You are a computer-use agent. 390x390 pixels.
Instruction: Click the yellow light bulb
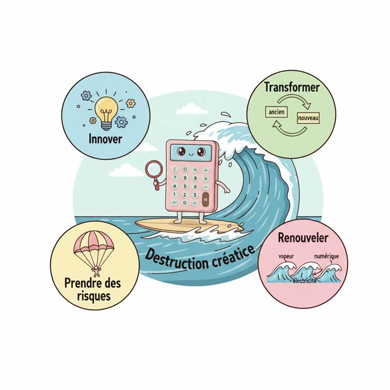[106, 110]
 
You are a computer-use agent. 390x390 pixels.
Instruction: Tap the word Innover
[105, 139]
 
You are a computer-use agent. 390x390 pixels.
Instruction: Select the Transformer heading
[291, 87]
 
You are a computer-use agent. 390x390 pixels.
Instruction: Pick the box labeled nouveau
[308, 119]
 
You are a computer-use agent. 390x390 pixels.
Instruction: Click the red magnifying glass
[154, 170]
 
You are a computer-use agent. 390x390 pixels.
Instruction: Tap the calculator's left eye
[181, 151]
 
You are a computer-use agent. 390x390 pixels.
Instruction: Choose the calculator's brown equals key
[206, 199]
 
